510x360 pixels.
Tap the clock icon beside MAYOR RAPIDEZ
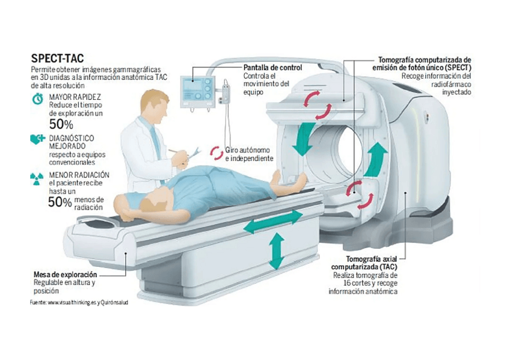[x=37, y=98]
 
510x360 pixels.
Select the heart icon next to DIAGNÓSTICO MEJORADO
[x=37, y=139]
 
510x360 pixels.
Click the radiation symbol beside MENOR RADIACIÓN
[x=37, y=178]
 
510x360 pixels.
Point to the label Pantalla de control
[x=268, y=69]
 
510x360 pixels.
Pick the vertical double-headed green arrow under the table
[x=277, y=251]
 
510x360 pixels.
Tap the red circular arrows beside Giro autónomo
[x=216, y=154]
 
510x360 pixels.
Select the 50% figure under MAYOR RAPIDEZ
[x=61, y=125]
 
